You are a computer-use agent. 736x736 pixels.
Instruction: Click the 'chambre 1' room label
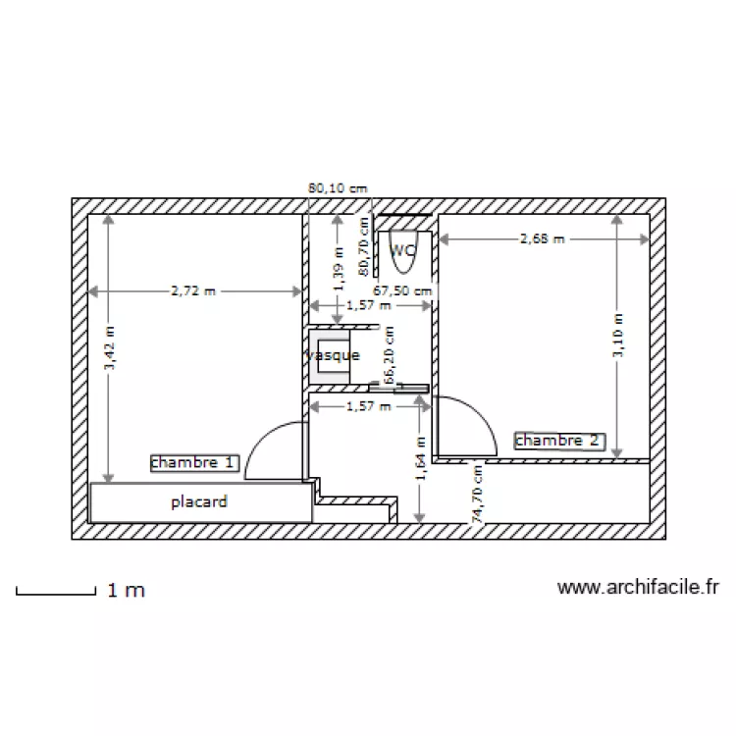194,462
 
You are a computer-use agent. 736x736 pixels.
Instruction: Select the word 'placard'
199,501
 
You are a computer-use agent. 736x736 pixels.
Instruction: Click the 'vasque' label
334,355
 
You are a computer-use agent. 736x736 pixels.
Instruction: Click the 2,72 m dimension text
193,290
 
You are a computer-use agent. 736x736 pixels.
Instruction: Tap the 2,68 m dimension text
543,237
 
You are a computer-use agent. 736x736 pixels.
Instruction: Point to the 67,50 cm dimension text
402,290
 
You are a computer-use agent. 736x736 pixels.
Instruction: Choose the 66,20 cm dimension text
389,355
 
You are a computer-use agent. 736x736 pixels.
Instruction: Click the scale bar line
55,592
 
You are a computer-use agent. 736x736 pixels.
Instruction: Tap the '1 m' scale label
126,591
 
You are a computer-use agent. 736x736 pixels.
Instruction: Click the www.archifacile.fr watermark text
638,587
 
